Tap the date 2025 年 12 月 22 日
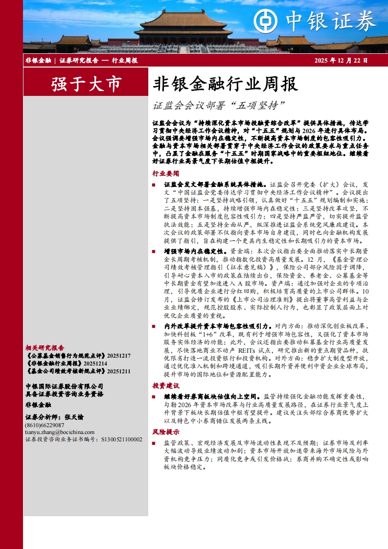pos(341,61)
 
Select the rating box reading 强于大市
pos(86,84)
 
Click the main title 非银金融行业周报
pos(226,84)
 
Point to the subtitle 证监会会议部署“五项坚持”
pos(218,105)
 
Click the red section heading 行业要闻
pos(165,173)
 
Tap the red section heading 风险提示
pos(165,432)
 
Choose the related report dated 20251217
pos(78,356)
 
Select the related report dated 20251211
pos(78,371)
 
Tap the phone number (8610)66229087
pos(45,425)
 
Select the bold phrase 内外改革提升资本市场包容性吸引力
pos(217,325)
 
